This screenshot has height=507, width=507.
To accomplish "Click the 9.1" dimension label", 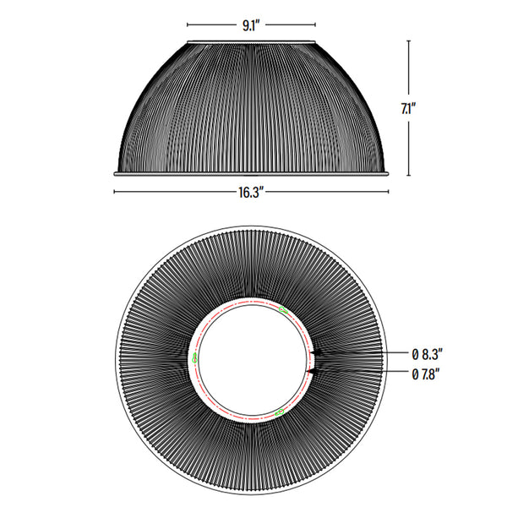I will [x=250, y=25].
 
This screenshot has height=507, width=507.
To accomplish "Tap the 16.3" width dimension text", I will [x=251, y=192].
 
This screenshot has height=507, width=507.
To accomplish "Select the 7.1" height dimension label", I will [x=409, y=108].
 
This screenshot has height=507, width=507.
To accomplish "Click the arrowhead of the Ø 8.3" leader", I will [x=312, y=352].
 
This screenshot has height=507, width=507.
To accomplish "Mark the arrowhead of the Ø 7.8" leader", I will [x=309, y=371].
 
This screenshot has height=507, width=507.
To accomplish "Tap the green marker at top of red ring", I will [x=283, y=311].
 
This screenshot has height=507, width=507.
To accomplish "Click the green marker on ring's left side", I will [x=196, y=358].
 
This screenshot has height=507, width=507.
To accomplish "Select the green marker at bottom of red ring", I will [x=279, y=412].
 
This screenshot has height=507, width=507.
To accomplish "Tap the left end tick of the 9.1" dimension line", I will [x=187, y=25].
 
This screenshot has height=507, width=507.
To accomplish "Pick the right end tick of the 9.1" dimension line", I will [x=316, y=25].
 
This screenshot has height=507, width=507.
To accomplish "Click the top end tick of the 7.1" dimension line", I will [x=409, y=40].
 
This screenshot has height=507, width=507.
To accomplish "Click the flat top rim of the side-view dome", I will [x=252, y=41].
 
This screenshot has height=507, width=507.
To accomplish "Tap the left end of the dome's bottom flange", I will [x=115, y=173].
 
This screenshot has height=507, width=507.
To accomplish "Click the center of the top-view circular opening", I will [x=251, y=362].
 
